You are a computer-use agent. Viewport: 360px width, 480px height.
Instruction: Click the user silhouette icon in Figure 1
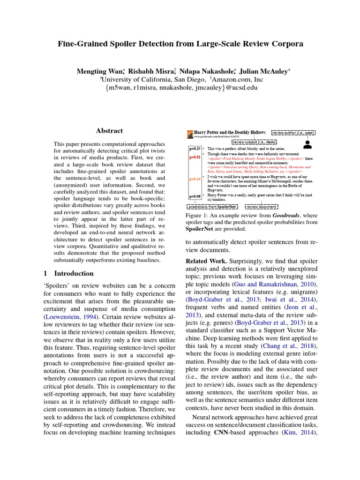point(307,144)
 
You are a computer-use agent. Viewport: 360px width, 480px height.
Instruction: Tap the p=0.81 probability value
point(195,157)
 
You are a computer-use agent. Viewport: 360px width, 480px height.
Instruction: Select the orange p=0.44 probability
point(195,179)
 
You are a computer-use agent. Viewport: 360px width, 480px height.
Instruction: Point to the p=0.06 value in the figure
point(195,196)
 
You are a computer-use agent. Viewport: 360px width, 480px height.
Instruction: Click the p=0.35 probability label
point(195,149)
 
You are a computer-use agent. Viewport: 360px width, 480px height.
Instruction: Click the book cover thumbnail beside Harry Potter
point(190,134)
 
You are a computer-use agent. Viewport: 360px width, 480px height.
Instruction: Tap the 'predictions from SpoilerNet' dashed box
point(212,207)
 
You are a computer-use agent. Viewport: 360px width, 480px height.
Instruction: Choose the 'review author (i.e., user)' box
point(293,133)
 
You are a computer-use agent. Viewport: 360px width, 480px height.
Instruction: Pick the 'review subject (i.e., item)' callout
point(254,142)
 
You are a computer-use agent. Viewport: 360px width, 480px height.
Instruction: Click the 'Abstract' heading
point(109,131)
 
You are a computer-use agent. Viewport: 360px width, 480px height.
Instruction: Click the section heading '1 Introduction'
point(65,273)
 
